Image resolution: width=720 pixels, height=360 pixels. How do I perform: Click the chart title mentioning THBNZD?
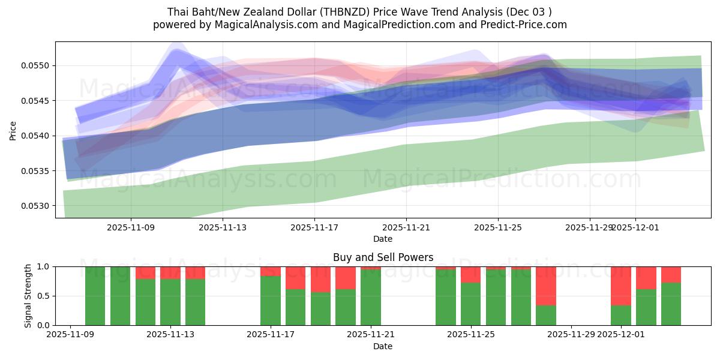pos(359,11)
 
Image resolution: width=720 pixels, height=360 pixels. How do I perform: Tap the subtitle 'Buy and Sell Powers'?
pos(383,257)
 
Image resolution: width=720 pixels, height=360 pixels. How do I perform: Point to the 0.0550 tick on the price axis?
pos(37,65)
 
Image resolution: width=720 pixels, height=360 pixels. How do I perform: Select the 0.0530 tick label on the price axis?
pos(37,206)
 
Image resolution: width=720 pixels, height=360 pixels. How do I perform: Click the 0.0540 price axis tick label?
pos(37,136)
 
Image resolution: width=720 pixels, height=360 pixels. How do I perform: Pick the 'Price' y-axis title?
pos(13,130)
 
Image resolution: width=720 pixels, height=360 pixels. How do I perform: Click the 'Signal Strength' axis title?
pos(28,296)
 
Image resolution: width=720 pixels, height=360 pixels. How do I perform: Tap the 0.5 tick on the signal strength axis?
pos(44,296)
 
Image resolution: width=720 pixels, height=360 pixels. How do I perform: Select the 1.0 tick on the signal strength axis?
pos(44,266)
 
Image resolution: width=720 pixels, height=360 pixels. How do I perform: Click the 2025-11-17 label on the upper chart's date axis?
pos(314,228)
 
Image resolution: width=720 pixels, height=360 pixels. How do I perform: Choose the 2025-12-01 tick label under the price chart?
pos(636,228)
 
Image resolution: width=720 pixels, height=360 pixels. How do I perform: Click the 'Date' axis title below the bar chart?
pos(383,346)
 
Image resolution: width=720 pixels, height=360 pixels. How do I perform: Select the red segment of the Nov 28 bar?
pos(546,286)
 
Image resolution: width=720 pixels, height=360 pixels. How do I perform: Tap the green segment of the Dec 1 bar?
pos(621,315)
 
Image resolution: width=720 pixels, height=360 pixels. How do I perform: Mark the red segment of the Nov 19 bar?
pos(320,279)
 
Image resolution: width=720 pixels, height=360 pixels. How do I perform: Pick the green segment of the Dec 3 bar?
pos(671,304)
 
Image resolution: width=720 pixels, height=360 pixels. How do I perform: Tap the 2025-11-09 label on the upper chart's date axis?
pos(131,228)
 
